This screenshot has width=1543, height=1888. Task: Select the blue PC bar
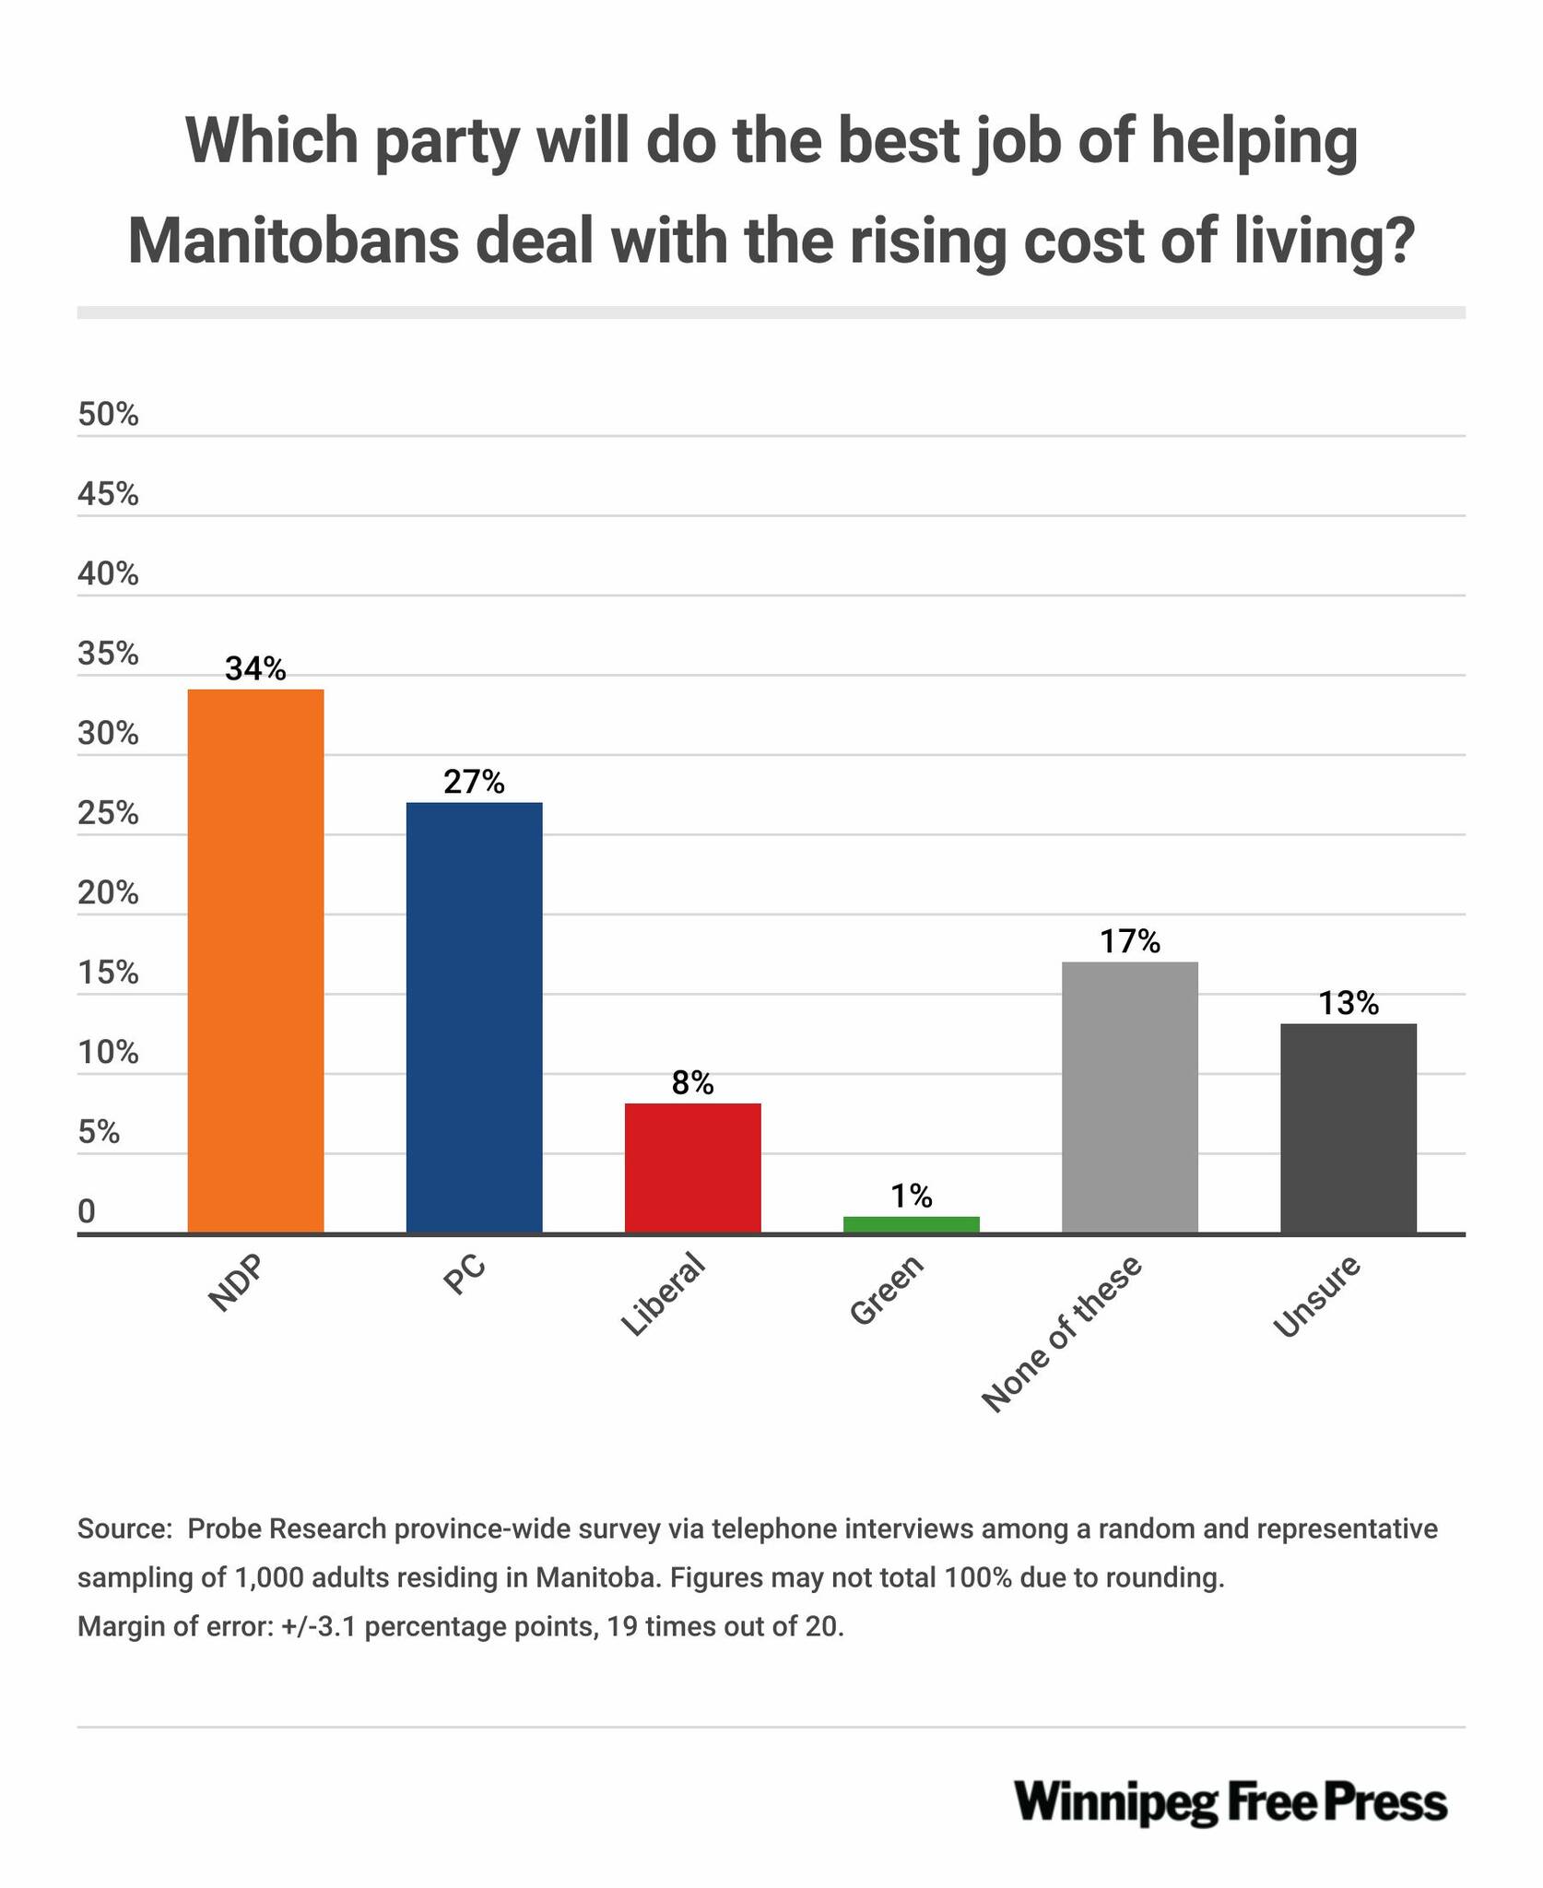(474, 1017)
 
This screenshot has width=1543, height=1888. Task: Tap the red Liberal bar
(692, 1167)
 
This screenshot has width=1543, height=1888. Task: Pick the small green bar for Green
(911, 1224)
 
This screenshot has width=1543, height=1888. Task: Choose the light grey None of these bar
(1129, 1097)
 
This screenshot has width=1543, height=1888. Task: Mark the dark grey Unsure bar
(1348, 1127)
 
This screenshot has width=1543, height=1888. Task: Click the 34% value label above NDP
(255, 669)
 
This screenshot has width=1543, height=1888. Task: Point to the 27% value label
(474, 783)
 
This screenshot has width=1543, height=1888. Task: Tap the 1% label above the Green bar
(911, 1197)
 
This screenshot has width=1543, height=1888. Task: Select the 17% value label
(1129, 941)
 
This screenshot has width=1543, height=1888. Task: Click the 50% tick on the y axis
(108, 416)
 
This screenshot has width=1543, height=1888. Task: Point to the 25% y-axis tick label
(108, 815)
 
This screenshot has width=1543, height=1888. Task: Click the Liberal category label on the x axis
(665, 1295)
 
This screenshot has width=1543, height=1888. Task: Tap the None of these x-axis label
(1062, 1333)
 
